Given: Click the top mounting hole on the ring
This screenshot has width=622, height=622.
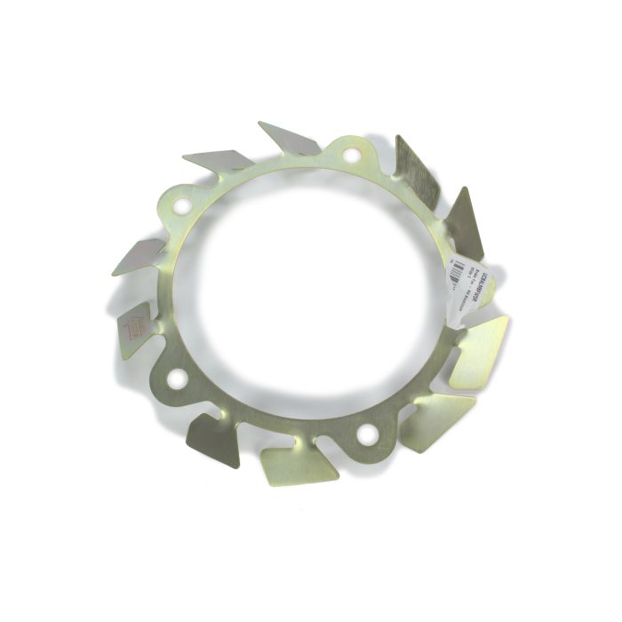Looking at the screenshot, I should (351, 155).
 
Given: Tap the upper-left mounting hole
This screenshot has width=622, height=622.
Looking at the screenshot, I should (182, 206).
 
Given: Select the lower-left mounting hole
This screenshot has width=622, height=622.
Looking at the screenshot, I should (177, 379).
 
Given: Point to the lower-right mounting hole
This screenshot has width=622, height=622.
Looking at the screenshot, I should (365, 435).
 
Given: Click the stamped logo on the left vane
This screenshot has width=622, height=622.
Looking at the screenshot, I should (133, 330).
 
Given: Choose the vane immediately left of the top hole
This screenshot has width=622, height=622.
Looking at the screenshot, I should (290, 139).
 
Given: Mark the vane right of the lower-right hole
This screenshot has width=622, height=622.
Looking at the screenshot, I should (436, 419).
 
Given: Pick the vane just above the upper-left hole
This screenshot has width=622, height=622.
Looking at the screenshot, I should (218, 160).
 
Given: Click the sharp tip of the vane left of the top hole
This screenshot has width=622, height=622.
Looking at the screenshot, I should (259, 123).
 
